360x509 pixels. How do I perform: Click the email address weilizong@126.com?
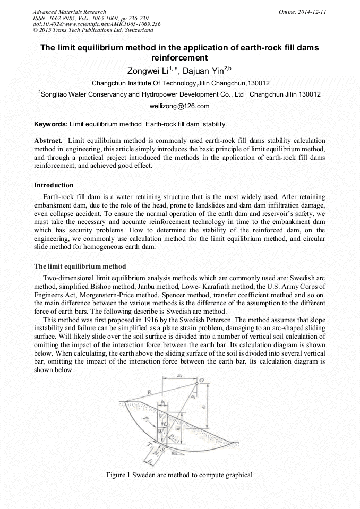(x=179, y=106)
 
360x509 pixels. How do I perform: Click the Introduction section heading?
(x=54, y=185)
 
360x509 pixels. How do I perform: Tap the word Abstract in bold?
(x=48, y=141)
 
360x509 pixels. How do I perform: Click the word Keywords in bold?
(x=51, y=124)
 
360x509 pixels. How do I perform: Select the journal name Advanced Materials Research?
(x=69, y=12)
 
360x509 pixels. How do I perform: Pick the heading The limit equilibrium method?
(x=80, y=266)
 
